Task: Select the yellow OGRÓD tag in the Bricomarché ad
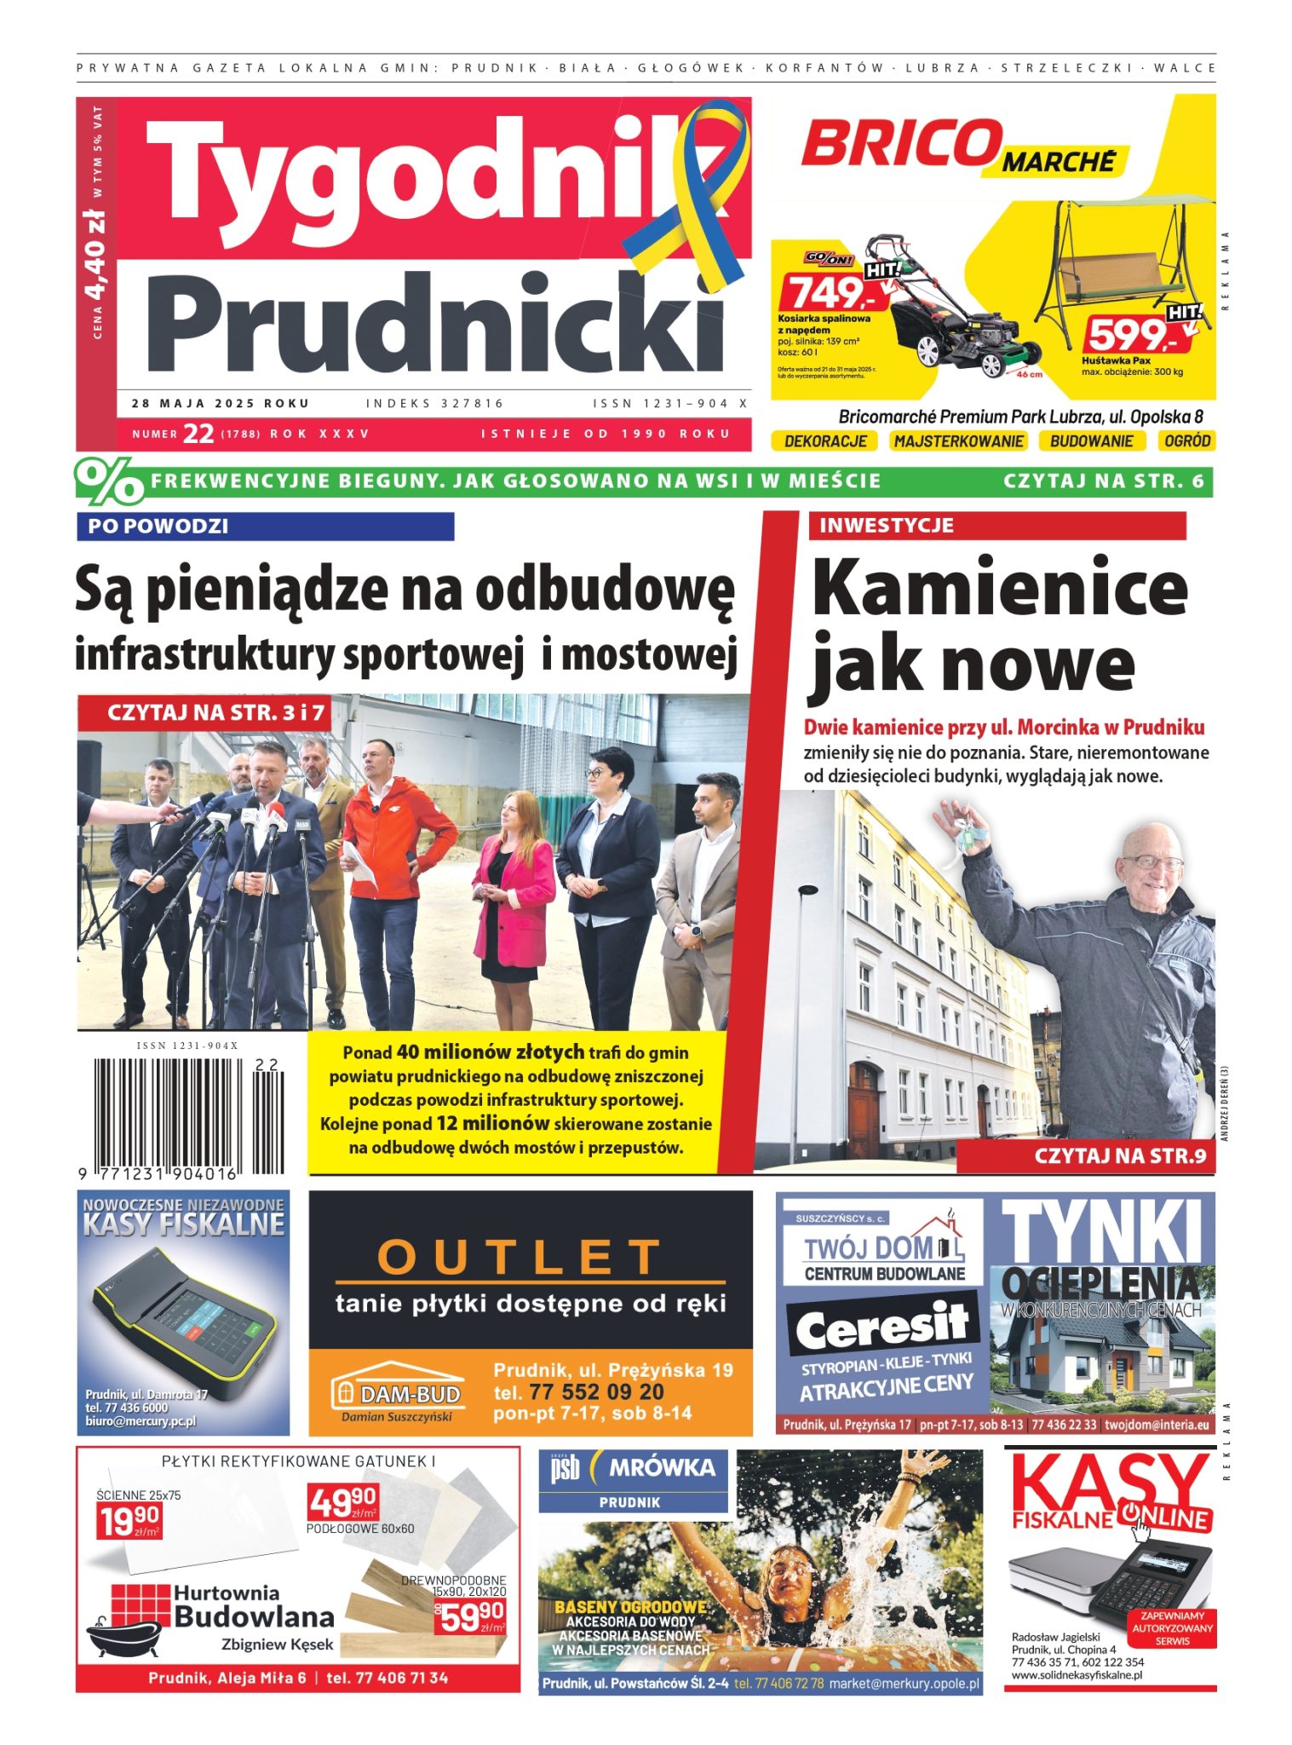pyautogui.click(x=1186, y=441)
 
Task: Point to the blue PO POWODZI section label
pyautogui.click(x=265, y=527)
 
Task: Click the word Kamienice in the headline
pyautogui.click(x=999, y=589)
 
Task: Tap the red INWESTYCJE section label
pyautogui.click(x=996, y=526)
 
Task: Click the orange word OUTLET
pyautogui.click(x=520, y=1256)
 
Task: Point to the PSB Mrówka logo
pyautogui.click(x=633, y=1467)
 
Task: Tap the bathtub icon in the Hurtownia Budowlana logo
pyautogui.click(x=123, y=1632)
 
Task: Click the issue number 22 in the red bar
pyautogui.click(x=198, y=434)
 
